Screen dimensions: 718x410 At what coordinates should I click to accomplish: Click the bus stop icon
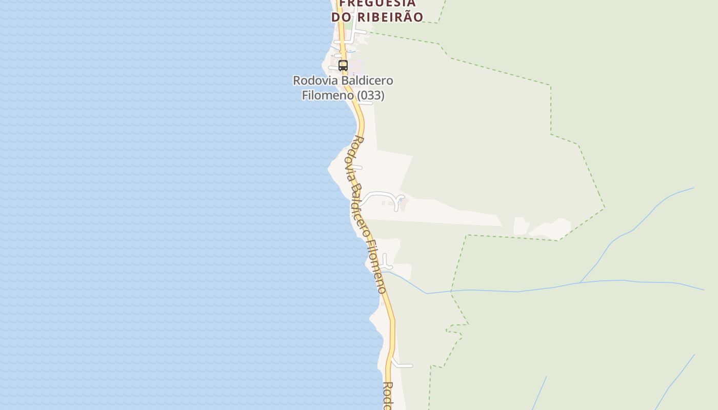(x=343, y=66)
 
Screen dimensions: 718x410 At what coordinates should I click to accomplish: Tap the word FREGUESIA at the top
(x=377, y=3)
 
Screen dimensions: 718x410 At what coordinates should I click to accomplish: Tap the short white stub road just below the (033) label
(x=366, y=103)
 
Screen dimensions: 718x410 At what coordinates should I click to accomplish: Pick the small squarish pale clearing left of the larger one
(x=521, y=225)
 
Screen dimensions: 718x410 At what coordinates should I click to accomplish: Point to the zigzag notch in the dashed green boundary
(x=455, y=330)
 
